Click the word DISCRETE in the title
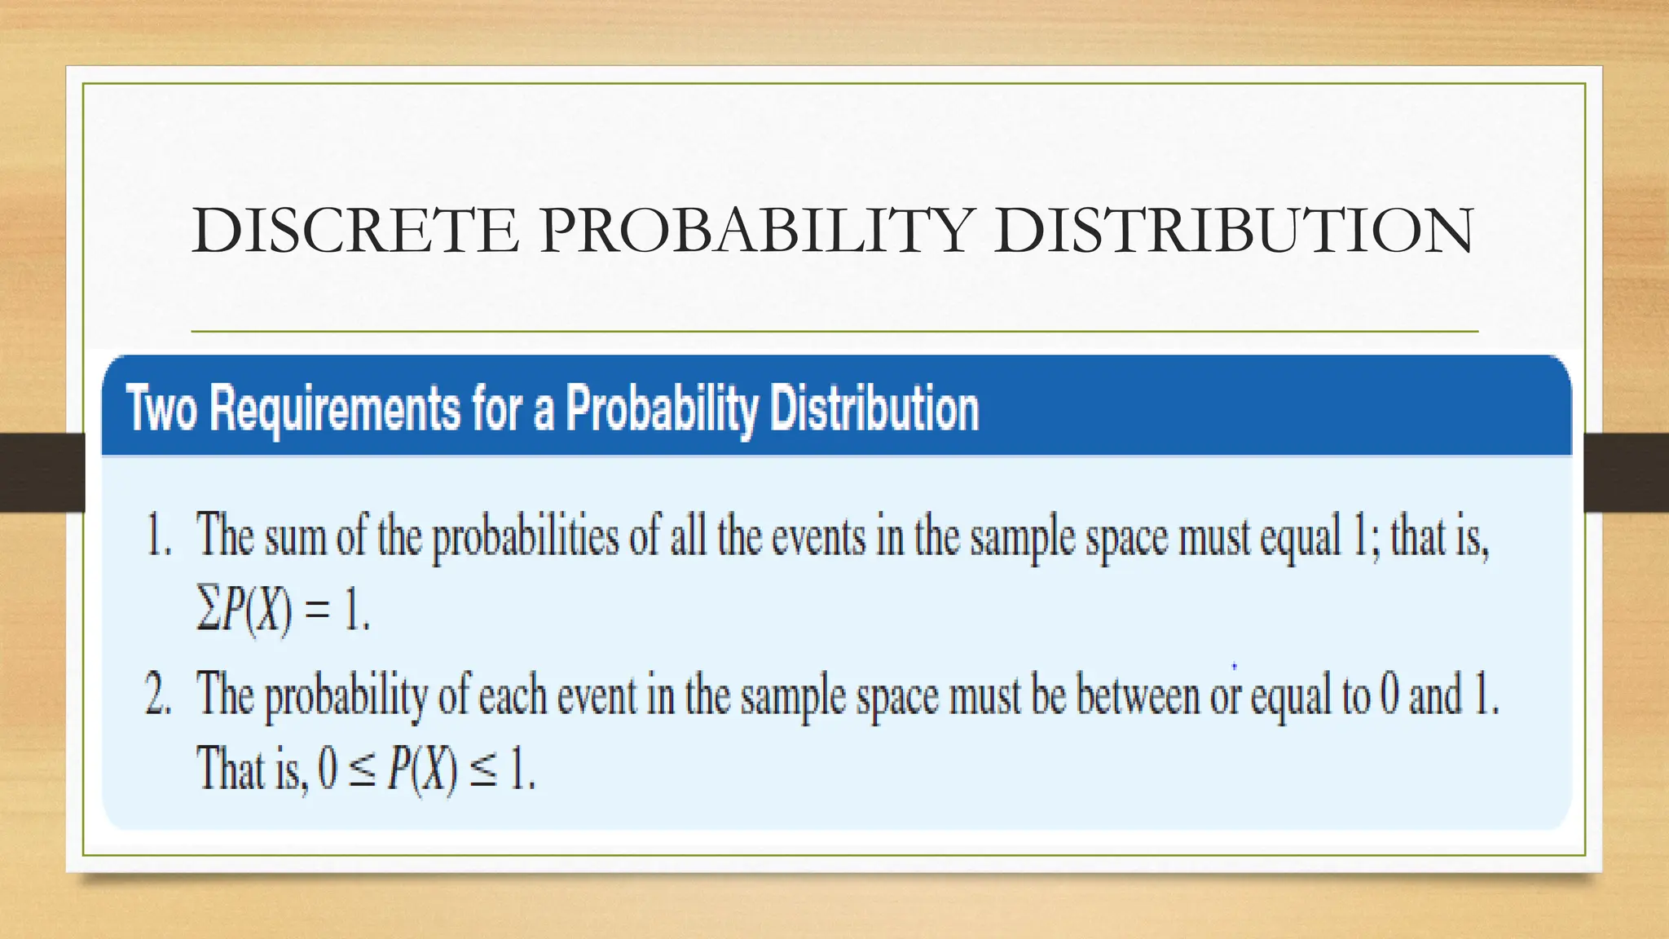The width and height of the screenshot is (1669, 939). (x=355, y=231)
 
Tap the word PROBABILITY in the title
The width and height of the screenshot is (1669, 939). (x=756, y=231)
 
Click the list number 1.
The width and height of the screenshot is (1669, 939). (x=158, y=537)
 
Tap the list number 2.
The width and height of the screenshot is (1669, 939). (x=158, y=697)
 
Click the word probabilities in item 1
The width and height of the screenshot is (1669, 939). (x=525, y=539)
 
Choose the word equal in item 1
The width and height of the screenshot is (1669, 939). (x=1301, y=539)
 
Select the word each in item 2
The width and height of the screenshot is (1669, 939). (x=512, y=697)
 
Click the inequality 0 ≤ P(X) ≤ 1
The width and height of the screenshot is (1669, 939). (x=426, y=769)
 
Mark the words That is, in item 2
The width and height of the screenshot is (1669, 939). (x=252, y=769)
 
